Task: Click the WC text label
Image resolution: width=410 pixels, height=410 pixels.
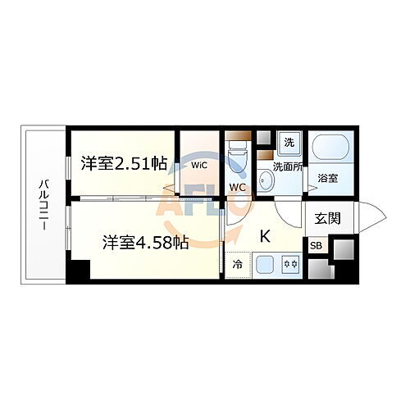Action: pos(238,187)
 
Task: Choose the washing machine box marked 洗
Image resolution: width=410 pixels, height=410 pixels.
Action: pos(289,142)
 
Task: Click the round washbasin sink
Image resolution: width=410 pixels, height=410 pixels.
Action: pos(266,180)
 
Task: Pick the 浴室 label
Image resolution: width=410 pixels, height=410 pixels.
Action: pos(328,177)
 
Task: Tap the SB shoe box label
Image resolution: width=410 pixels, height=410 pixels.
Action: pos(317,244)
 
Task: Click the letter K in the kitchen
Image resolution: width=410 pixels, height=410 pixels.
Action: pos(265,236)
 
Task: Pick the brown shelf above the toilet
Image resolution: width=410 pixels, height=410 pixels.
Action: pos(237,135)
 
